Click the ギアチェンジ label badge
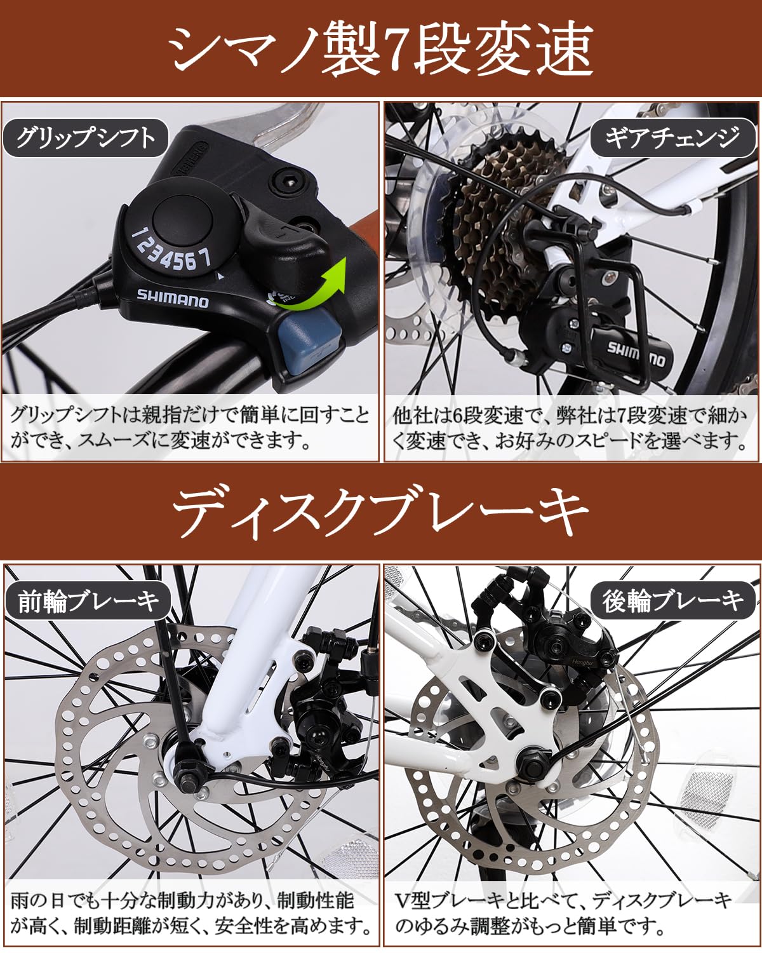point(672,137)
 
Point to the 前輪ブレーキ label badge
point(88,600)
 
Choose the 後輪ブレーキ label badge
point(673,600)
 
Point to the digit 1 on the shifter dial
point(136,234)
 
